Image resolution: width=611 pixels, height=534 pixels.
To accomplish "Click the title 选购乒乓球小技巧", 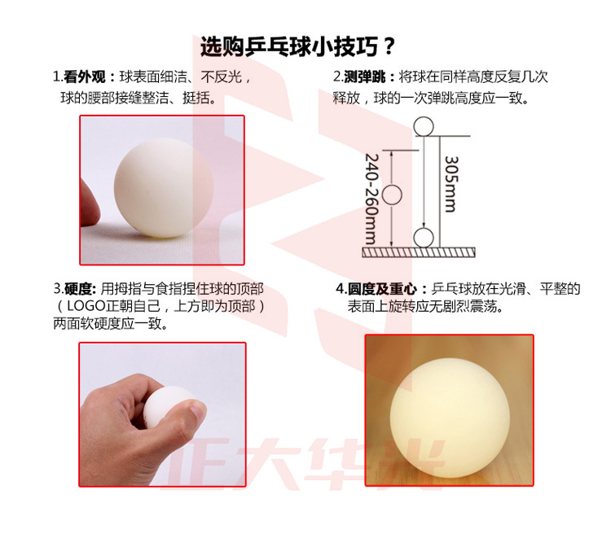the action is pos(289,47).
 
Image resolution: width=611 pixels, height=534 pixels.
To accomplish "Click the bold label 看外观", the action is pos(85,77).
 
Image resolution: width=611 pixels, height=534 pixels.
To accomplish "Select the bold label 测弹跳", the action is pos(364,77).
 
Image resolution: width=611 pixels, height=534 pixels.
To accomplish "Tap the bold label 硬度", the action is pos(78,289).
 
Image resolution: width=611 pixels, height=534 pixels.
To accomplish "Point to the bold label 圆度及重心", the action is pos(382,289).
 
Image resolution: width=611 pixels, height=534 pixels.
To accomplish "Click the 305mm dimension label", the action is pos(451,184).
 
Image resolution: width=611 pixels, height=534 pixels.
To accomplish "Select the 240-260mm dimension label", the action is pos(371,199).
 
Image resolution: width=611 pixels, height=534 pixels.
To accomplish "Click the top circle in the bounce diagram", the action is pos(424,127).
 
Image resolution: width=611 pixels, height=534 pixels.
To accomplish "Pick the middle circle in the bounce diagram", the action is pos(392,195).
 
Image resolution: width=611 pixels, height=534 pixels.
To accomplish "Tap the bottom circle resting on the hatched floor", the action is pos(424,238).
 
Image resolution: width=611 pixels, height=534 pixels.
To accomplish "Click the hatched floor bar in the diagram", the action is pos(419,252).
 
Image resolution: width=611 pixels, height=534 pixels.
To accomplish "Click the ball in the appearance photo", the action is pos(164,188).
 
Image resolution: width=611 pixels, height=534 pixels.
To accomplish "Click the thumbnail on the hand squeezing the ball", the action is pos(198,410).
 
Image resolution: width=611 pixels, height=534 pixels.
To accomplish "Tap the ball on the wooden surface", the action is pos(450,418).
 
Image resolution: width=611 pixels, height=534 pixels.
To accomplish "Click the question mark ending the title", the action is pos(389,47).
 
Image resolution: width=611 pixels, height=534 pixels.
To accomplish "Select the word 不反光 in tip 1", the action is pos(222,77).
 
